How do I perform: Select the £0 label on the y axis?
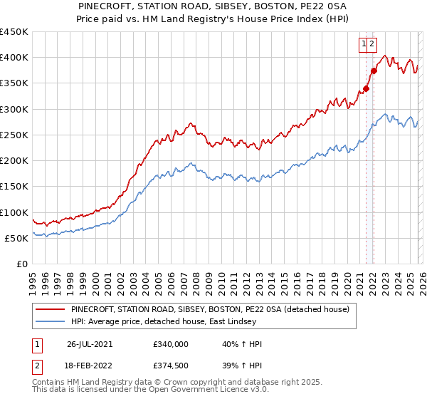click(22, 264)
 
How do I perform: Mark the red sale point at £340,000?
click(367, 89)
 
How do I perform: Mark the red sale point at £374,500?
click(374, 71)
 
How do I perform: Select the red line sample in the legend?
click(50, 310)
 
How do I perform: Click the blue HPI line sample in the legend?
click(50, 322)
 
